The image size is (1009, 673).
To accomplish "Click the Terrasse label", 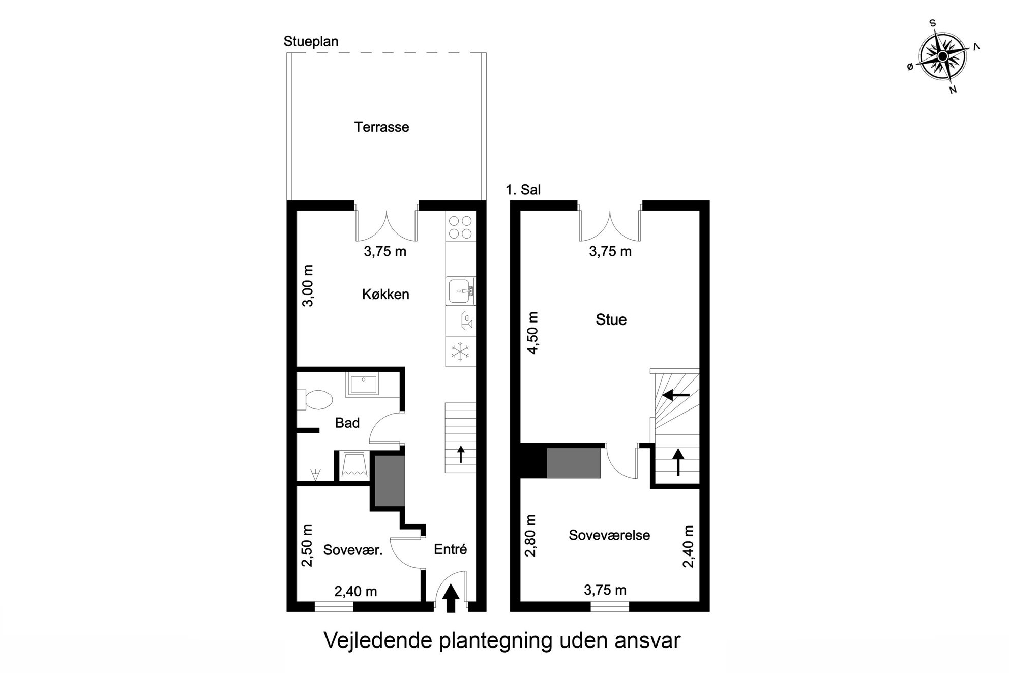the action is [x=381, y=127].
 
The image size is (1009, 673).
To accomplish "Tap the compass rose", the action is [x=942, y=56].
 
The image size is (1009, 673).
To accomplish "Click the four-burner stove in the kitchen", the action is [x=461, y=227].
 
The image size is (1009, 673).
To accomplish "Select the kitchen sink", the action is [x=461, y=291].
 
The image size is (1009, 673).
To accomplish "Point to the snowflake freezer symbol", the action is [x=461, y=352].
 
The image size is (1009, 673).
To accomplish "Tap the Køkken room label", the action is [x=385, y=295].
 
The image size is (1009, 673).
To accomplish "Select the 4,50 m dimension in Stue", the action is [x=531, y=333].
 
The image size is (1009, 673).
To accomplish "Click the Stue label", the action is [x=611, y=320].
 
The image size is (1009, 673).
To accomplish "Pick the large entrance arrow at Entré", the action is [x=451, y=599].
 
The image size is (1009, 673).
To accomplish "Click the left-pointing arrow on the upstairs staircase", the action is [x=675, y=395].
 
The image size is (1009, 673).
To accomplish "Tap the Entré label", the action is [x=450, y=549].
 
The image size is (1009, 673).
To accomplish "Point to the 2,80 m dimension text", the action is [x=531, y=535].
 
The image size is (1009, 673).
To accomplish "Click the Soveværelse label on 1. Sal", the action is [x=609, y=535].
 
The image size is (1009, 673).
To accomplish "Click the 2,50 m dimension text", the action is [x=308, y=545].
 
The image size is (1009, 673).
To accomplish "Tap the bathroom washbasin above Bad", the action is [x=362, y=384].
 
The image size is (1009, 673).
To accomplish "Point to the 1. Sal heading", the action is [x=523, y=190].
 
